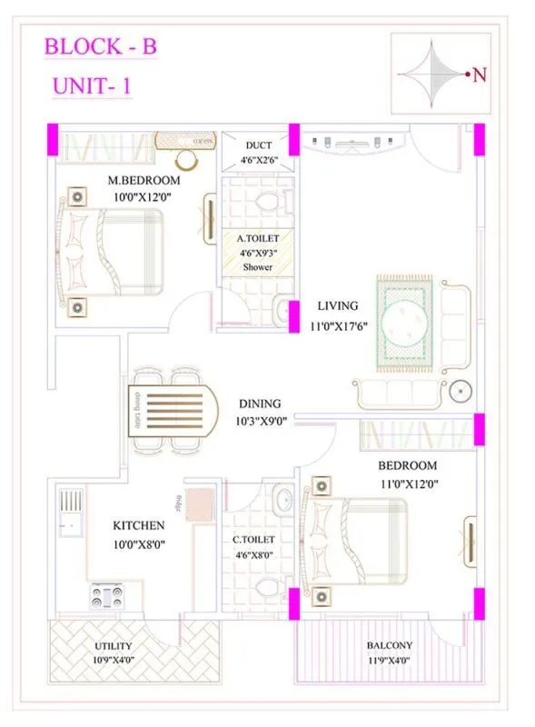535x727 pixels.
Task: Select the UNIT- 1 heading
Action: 92,88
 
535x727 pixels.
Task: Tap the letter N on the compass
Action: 480,75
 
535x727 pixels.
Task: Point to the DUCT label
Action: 258,145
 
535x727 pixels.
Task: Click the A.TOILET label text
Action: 257,238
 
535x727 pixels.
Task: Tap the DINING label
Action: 260,403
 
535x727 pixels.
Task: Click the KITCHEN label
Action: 138,525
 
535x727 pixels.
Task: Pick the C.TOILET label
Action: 253,539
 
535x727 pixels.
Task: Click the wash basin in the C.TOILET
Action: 282,499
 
